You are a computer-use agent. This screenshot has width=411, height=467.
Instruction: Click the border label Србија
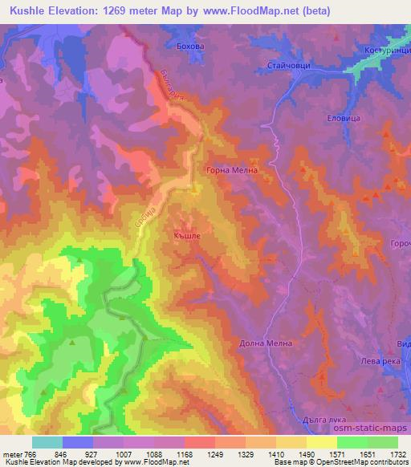pos(142,221)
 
